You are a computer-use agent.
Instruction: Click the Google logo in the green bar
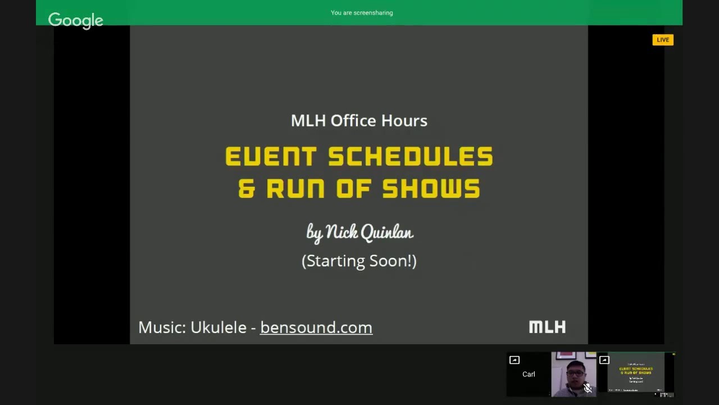[x=75, y=20]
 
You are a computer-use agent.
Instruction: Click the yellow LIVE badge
[x=663, y=40]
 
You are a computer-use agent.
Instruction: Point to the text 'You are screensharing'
[x=362, y=13]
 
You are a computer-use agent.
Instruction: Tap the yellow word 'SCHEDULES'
[x=411, y=156]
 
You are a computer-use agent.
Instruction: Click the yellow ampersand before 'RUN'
[x=247, y=189]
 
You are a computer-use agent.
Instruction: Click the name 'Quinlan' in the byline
[x=386, y=232]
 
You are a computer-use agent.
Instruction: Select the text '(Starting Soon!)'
[x=359, y=261]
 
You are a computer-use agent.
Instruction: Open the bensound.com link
[x=316, y=327]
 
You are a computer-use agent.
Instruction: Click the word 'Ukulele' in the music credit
[x=219, y=327]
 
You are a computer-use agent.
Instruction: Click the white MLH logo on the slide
[x=547, y=327]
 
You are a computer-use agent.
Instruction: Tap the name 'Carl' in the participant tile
[x=529, y=374]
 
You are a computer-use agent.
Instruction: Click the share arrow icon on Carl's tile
[x=514, y=360]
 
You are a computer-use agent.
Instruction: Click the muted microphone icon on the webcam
[x=588, y=388]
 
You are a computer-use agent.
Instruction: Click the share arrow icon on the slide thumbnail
[x=604, y=360]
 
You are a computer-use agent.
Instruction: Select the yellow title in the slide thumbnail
[x=636, y=371]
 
